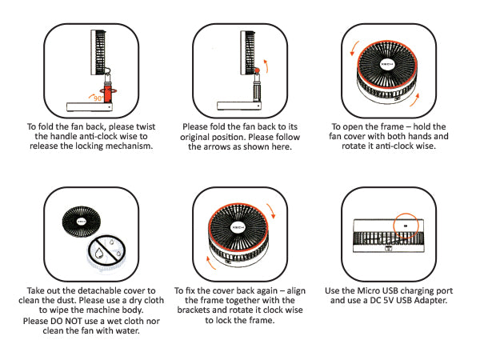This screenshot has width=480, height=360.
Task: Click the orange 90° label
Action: [x=98, y=98]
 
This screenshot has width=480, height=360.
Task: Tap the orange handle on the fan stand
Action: [x=108, y=94]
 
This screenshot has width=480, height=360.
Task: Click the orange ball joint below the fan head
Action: [x=257, y=70]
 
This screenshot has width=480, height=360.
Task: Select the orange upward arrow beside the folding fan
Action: [x=266, y=66]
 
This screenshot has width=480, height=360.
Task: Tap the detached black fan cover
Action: [x=81, y=222]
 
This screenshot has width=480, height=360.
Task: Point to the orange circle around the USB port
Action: [x=406, y=226]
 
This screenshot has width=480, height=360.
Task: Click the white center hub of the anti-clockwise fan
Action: [x=387, y=64]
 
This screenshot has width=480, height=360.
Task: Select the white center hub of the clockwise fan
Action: [x=238, y=227]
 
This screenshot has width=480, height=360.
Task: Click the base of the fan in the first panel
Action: [x=90, y=107]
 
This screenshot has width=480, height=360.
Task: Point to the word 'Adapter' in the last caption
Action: [x=432, y=300]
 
